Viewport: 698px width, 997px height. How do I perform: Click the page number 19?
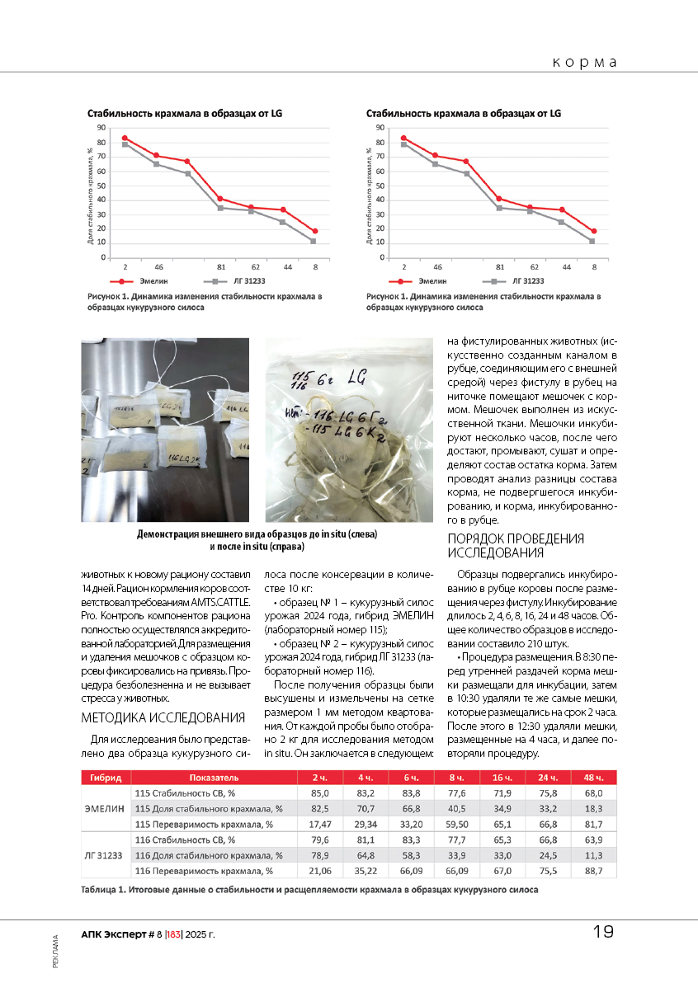(x=603, y=933)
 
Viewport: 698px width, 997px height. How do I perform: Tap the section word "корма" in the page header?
(x=585, y=63)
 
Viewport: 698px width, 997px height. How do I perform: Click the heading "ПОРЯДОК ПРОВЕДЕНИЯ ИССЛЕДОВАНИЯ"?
(x=515, y=545)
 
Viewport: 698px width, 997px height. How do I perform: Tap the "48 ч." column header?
(x=593, y=777)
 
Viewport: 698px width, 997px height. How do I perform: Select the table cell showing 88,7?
(x=593, y=869)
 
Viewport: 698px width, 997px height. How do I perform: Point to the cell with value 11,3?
(x=593, y=854)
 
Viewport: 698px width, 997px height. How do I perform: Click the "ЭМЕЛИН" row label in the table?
(x=105, y=808)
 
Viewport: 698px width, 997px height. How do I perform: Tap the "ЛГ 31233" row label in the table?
(x=105, y=854)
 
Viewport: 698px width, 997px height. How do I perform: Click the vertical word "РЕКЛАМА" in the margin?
(x=54, y=950)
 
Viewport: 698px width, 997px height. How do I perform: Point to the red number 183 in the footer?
(x=173, y=934)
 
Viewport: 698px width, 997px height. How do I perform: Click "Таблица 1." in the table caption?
(x=103, y=890)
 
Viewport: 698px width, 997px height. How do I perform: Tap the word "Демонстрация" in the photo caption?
(x=172, y=534)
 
